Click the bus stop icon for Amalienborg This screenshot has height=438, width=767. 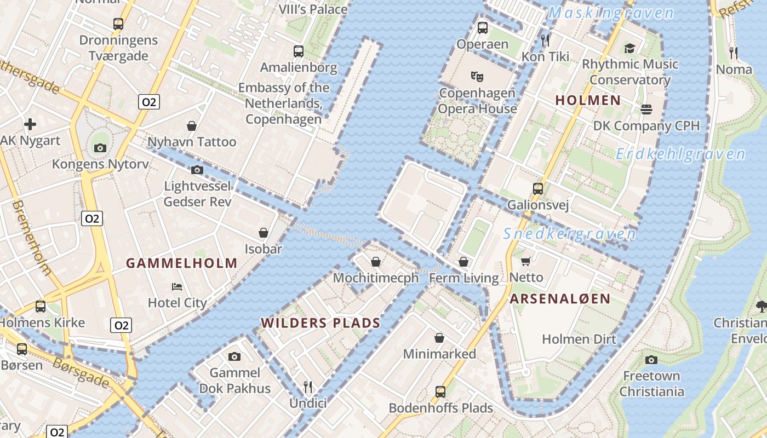pos(299,51)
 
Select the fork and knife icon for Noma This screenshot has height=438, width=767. pos(734,53)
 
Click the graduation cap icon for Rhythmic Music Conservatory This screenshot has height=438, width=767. pos(629,48)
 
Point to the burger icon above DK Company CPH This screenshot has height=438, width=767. pos(646,109)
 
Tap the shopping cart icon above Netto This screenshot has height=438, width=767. pos(526,262)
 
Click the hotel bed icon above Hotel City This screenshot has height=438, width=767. pos(177,286)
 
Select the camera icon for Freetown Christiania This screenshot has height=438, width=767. pos(651,360)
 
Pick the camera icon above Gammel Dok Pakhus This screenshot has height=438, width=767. pos(234,357)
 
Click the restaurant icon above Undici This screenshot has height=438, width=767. pos(308,387)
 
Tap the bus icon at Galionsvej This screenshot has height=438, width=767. pos(538,189)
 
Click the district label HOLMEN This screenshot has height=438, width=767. pos(588,100)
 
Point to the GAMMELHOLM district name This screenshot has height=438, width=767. pos(182,263)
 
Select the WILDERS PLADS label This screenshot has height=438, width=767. pos(320,323)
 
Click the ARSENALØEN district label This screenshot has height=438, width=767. pos(560,298)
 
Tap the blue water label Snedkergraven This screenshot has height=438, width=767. pos(570,234)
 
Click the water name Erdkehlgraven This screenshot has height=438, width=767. pos(680,154)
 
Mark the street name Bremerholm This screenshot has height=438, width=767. pos(32,238)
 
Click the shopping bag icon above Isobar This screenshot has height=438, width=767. pos(264,233)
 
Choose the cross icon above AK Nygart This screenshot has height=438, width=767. pos(30,124)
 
